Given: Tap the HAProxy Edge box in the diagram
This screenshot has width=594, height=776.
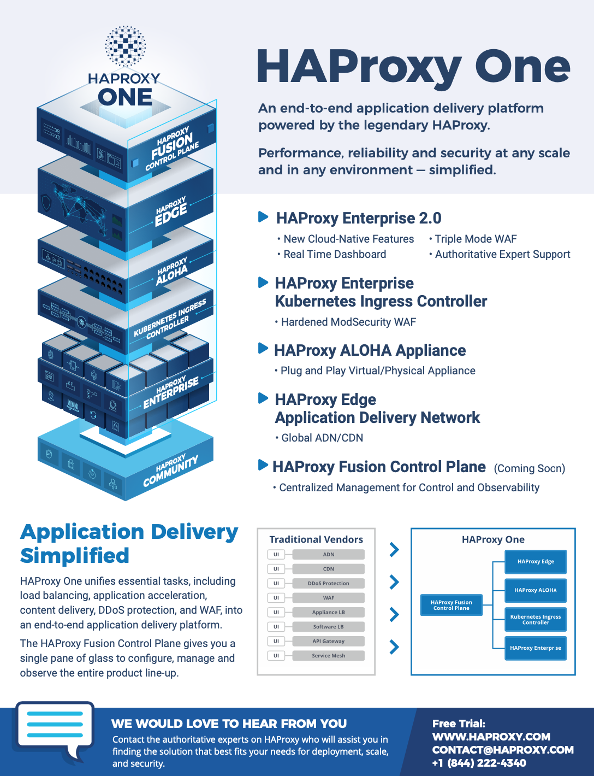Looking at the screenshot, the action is pos(536,561).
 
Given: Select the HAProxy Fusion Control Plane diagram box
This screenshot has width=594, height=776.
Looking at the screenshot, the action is pos(452,605).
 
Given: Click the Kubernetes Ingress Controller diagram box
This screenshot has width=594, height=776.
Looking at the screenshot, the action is pos(536,619).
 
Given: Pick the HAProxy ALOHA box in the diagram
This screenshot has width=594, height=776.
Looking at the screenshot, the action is pos(536,590).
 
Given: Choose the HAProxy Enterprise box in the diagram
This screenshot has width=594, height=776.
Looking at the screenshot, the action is pos(536,648).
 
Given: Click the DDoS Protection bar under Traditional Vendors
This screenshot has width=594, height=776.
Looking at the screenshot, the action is pos(328,583).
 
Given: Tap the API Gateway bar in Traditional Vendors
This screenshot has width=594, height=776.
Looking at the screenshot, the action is pos(328,641).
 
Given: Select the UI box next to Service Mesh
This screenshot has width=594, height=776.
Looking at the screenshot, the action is pos(276,655).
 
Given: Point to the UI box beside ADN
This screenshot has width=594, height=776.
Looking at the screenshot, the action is pos(276,554).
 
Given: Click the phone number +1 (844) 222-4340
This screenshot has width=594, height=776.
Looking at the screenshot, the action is pos(479,763).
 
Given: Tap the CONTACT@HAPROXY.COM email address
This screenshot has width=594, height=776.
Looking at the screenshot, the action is pos(503,750).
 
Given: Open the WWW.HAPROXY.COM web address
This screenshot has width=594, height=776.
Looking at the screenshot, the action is pos(491,736).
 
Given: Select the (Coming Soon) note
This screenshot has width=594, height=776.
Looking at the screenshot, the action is pos(530,468).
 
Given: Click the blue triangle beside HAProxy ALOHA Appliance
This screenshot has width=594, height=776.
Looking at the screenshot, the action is pos(263,348).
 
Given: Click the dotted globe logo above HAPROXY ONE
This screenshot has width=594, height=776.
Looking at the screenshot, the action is pos(125,46).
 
